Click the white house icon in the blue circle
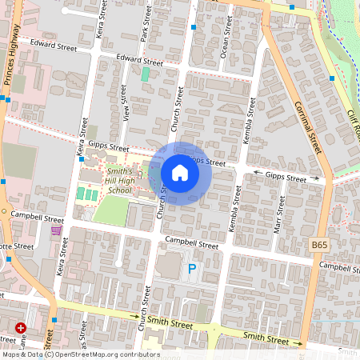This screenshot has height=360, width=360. click(x=180, y=173)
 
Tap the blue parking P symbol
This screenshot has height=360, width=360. click(x=191, y=270)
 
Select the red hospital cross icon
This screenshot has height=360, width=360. click(x=21, y=328)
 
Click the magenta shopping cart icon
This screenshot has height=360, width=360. click(x=55, y=230)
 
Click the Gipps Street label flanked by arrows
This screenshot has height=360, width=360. click(x=286, y=174)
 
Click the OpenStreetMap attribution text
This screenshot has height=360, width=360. click(x=80, y=354)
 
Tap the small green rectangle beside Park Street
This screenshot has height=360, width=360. click(x=146, y=74)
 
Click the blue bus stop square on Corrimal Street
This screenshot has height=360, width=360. click(x=331, y=78)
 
